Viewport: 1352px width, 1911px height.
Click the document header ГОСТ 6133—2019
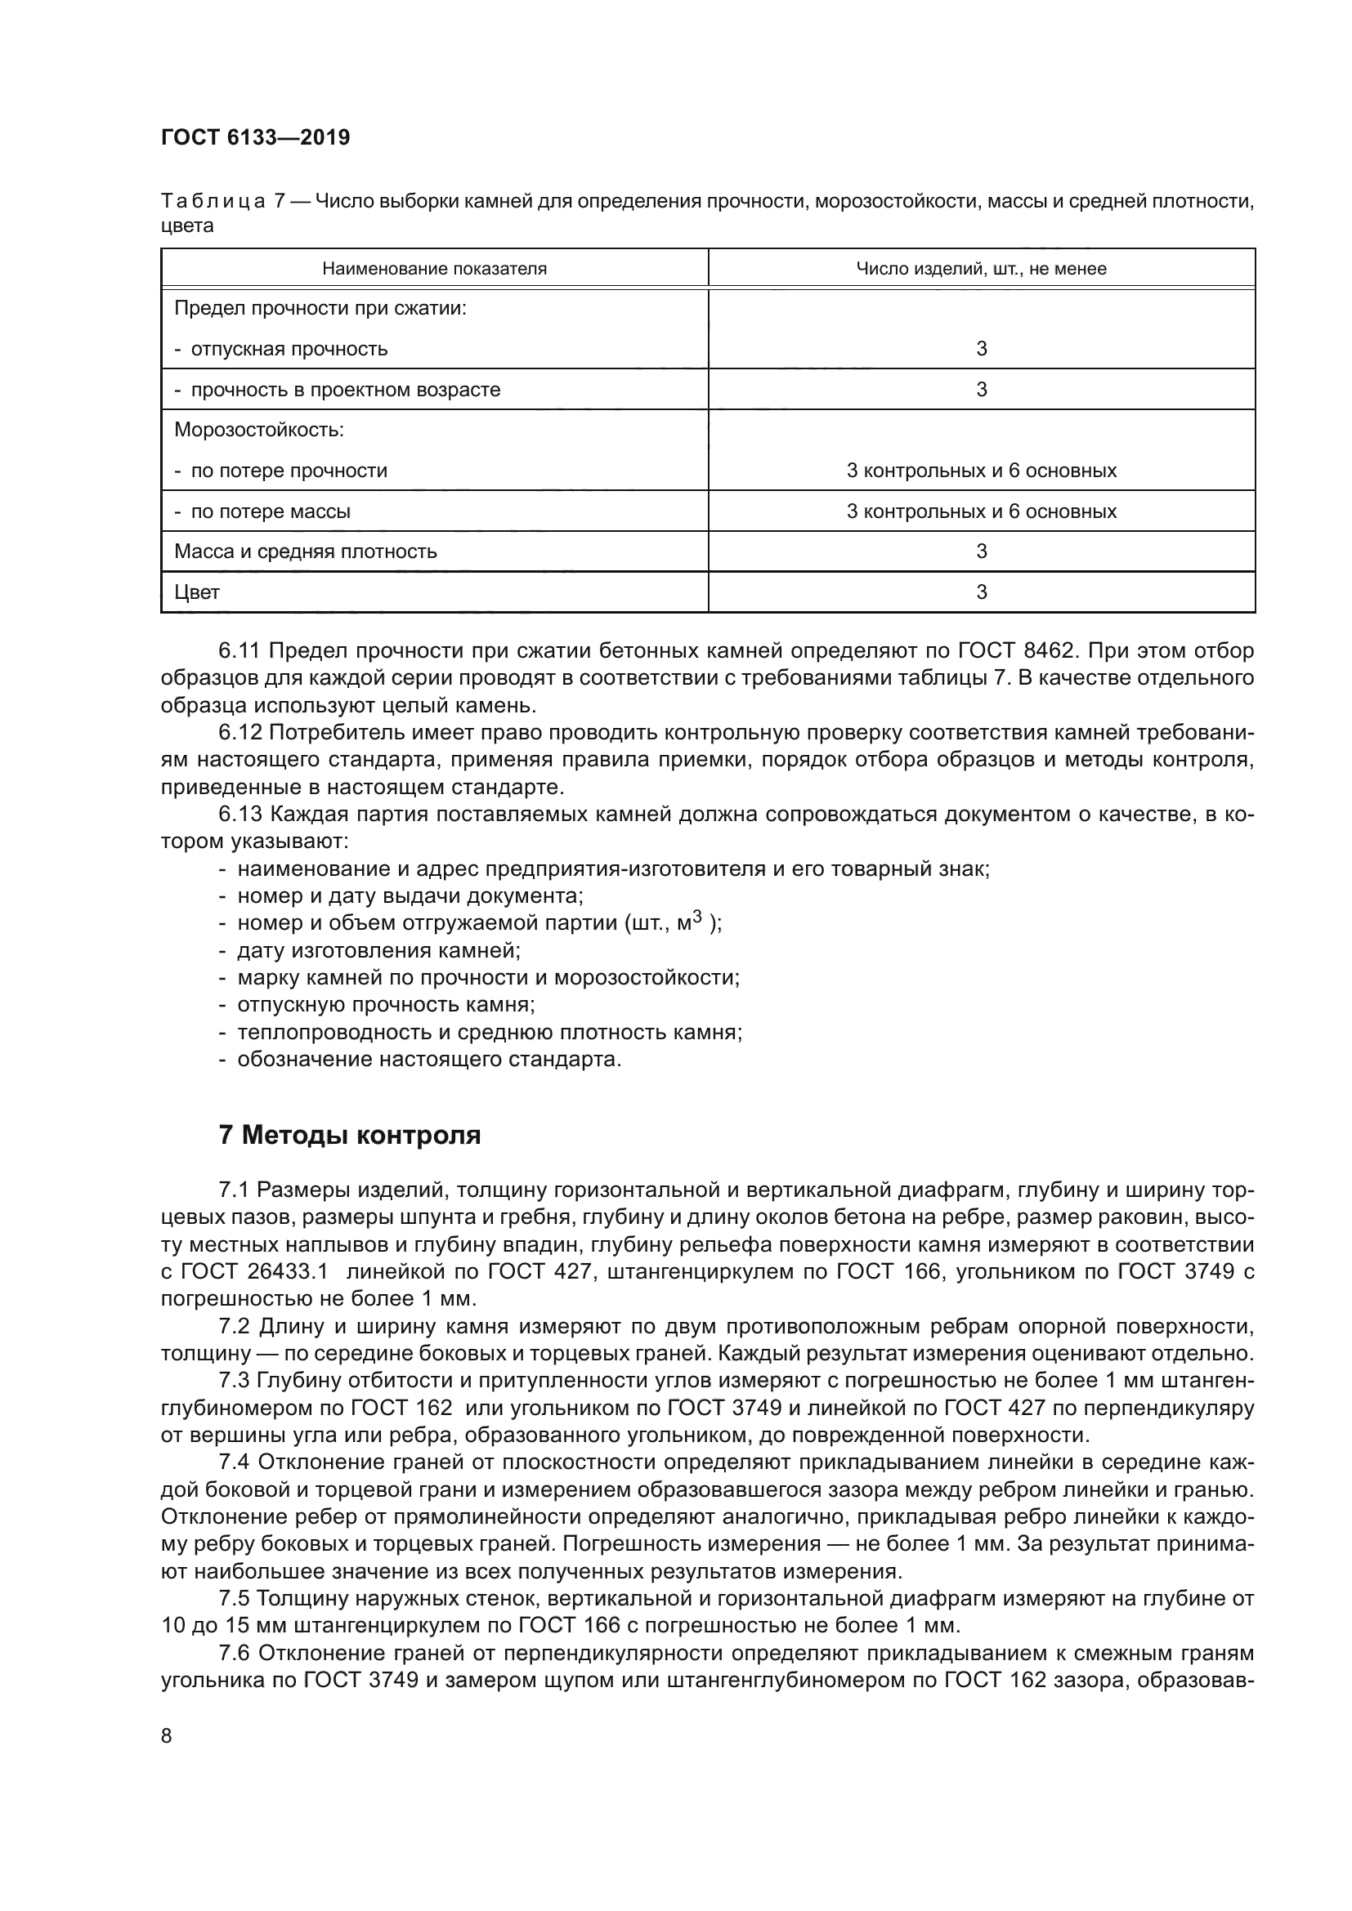(255, 138)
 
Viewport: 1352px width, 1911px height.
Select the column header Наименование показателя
(434, 269)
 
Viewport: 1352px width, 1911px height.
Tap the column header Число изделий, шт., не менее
(981, 269)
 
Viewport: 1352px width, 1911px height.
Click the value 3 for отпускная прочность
(981, 349)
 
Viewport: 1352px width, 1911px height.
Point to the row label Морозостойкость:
(259, 431)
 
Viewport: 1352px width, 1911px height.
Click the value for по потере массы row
(981, 511)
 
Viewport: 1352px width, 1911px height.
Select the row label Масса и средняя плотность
(305, 551)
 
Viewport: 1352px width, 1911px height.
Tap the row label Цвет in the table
(196, 592)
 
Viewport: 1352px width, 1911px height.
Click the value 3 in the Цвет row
(981, 592)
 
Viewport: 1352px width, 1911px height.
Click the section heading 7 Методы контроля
(350, 1136)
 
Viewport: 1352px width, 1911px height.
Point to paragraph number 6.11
(240, 651)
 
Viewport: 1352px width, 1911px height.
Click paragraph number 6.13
(240, 814)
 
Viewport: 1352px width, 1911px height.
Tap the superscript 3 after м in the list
(697, 917)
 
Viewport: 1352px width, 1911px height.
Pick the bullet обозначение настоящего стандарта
(429, 1060)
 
